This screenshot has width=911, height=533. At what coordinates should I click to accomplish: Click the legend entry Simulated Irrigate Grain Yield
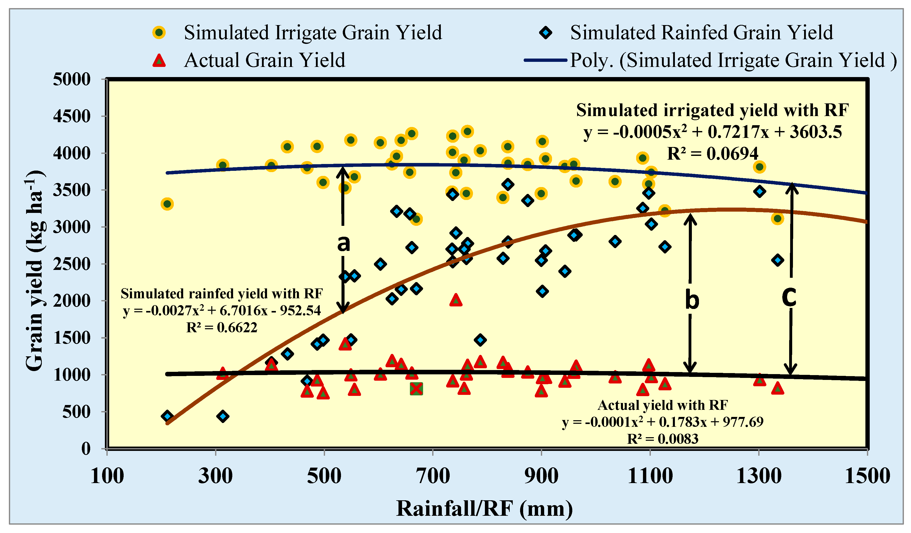(x=312, y=32)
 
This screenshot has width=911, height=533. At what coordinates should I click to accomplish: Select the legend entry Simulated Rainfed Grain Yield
(x=701, y=32)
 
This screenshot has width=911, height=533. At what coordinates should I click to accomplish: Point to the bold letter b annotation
(x=692, y=301)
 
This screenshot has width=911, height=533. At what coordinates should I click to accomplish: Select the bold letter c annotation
(x=789, y=297)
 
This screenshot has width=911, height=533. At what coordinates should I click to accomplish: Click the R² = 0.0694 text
(x=712, y=154)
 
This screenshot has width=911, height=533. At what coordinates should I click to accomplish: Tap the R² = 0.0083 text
(x=662, y=439)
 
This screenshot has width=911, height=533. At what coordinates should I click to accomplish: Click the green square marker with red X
(x=416, y=389)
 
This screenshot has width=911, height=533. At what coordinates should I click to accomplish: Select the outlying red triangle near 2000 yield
(x=456, y=300)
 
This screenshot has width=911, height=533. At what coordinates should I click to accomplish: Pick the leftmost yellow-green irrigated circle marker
(x=167, y=204)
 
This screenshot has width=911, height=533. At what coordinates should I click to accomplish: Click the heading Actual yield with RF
(x=662, y=405)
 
